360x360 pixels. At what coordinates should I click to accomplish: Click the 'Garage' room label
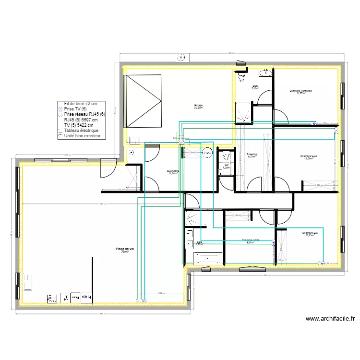(x=198, y=106)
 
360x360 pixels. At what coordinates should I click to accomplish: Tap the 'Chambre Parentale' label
(x=300, y=92)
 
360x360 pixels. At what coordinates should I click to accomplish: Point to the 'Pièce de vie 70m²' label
(x=125, y=250)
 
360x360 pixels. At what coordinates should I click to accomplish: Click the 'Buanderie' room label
(x=173, y=171)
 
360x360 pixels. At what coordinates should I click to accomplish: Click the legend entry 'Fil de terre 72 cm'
(x=80, y=104)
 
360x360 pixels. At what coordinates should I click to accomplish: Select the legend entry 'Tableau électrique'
(x=81, y=130)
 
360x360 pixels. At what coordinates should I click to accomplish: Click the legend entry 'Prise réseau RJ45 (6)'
(x=84, y=114)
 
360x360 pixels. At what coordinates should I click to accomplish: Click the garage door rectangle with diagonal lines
(x=143, y=101)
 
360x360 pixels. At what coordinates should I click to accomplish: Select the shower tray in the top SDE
(x=243, y=112)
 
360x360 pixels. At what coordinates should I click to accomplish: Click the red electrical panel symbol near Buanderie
(x=181, y=143)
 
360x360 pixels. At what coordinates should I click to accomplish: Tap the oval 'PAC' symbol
(x=207, y=153)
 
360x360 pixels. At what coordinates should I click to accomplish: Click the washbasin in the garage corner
(x=135, y=141)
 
